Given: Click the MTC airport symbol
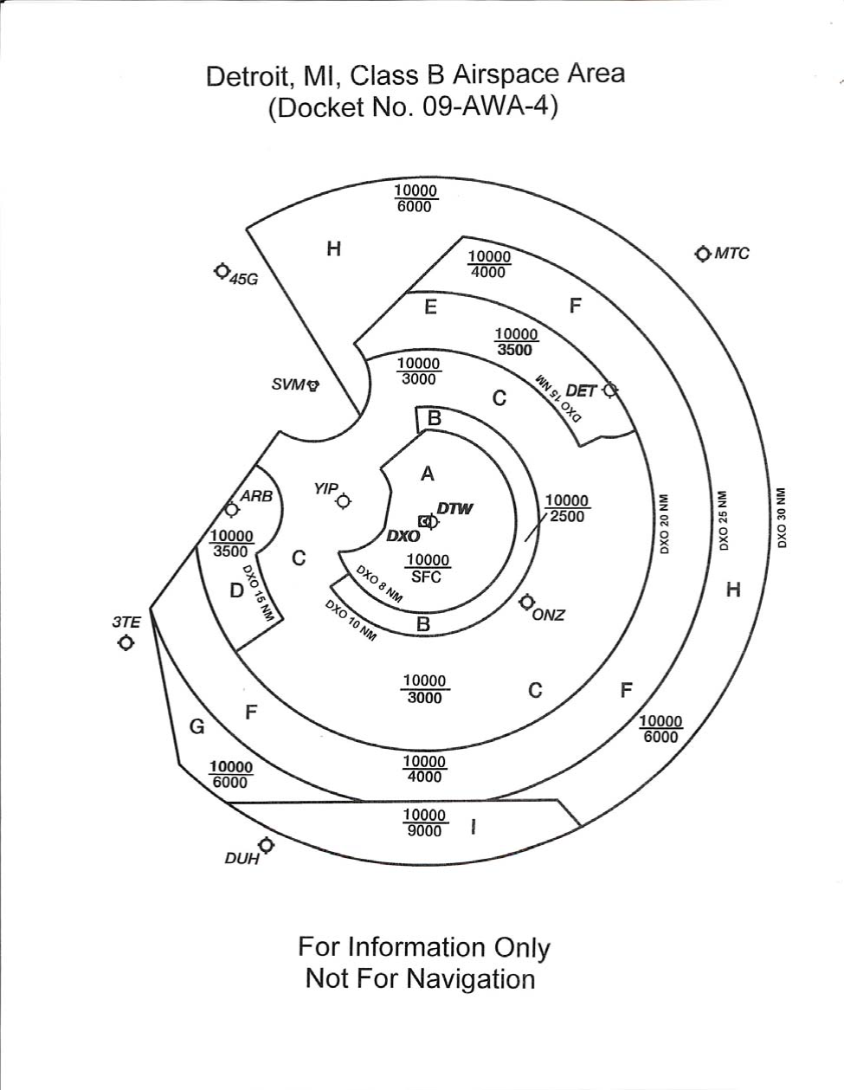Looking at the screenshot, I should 702,254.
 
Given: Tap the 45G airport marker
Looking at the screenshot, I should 222,271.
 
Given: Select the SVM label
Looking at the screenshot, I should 288,384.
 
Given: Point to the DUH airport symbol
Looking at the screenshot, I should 266,845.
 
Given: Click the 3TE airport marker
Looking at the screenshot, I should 127,643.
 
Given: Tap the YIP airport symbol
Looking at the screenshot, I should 344,501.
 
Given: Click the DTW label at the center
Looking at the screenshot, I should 455,508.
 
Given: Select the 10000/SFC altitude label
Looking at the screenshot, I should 428,568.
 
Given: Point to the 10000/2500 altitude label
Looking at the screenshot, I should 567,508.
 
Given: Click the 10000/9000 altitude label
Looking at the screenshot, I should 425,823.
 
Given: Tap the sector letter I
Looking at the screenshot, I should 474,828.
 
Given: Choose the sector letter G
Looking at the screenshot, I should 197,726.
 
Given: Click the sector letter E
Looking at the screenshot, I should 430,307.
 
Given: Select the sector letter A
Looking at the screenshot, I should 427,474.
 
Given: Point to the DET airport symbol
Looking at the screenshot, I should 610,390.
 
